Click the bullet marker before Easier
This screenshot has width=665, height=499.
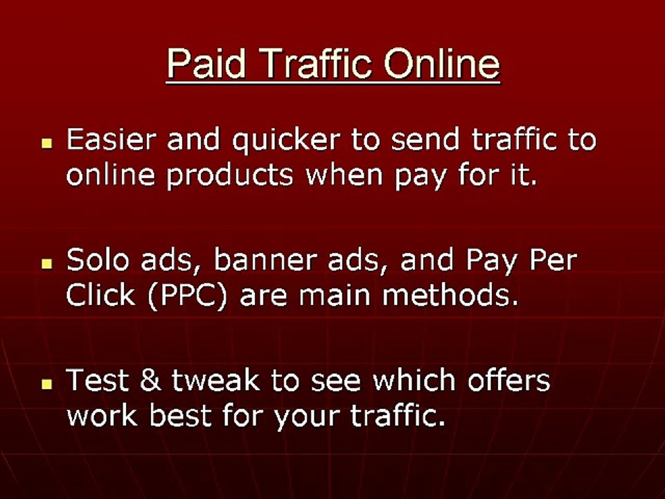coord(47,143)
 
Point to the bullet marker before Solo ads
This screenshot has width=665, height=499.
coord(47,264)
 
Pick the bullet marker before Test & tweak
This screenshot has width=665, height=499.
coord(47,383)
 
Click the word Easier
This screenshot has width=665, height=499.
coord(111,139)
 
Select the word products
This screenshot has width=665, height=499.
coord(233,176)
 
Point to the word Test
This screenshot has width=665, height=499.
coord(96,380)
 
